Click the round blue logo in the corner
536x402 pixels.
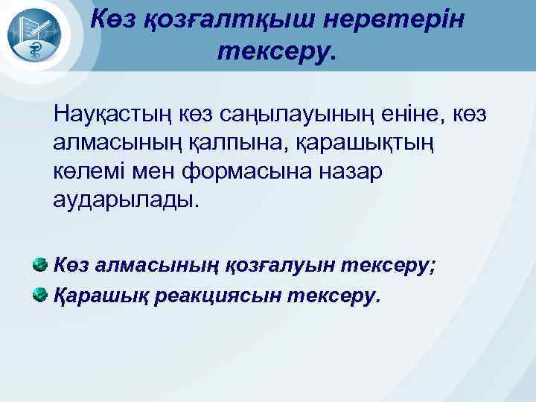tap(36, 36)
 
